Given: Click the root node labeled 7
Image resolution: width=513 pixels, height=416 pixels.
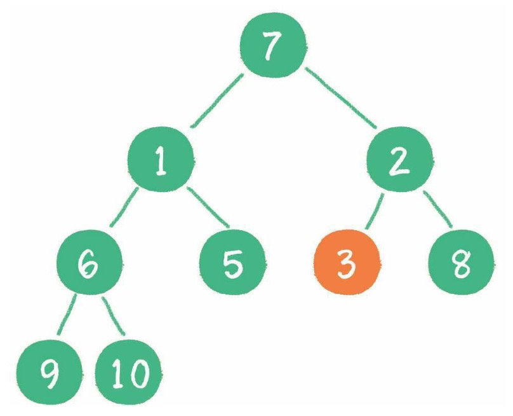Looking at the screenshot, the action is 273,45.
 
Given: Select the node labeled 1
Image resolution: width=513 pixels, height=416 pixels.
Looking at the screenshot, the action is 160,159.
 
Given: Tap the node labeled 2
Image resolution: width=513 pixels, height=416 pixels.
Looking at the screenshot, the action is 399,159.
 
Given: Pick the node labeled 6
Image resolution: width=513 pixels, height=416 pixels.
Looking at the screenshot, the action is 89,262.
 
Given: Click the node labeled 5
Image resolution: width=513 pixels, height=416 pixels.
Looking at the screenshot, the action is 232,262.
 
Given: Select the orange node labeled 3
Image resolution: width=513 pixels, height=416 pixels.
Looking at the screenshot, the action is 347,262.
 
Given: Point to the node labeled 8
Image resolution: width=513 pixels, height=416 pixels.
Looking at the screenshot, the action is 461,262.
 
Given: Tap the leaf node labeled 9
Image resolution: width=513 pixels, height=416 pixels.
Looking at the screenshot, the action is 49,372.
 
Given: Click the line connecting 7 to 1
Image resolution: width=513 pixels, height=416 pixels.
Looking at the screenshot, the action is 217,101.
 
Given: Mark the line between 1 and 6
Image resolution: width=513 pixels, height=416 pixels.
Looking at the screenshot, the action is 124,207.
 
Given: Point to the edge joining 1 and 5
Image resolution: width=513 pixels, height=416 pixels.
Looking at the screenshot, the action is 208,207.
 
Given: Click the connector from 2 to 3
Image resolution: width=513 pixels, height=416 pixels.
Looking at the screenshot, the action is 375,211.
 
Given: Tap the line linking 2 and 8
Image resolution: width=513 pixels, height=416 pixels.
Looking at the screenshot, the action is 437,209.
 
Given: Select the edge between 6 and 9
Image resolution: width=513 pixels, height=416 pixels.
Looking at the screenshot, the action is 67,314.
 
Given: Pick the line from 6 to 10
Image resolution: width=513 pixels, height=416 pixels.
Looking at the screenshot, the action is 113,316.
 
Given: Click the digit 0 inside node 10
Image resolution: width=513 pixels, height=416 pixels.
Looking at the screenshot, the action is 138,373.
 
